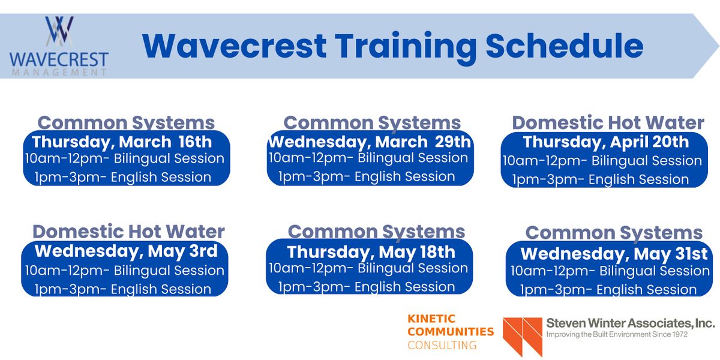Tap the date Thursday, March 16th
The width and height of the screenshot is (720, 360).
click(122, 142)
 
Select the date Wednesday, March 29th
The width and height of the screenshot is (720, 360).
click(370, 142)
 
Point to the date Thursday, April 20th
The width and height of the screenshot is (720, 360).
click(606, 142)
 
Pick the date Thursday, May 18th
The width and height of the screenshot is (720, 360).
click(371, 251)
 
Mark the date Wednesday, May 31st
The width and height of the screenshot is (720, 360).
click(614, 254)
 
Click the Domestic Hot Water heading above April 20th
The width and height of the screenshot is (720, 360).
click(608, 123)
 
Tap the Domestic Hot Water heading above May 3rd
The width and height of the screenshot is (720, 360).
click(128, 232)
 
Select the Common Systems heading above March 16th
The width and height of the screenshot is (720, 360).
click(126, 123)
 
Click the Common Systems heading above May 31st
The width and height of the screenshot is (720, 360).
click(614, 233)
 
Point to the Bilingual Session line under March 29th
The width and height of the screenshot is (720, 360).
click(368, 158)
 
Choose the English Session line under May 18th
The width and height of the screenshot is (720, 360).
click(366, 287)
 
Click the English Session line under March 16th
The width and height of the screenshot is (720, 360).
click(123, 177)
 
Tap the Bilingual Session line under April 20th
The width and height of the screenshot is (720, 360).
click(602, 161)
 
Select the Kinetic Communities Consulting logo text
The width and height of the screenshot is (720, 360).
click(450, 331)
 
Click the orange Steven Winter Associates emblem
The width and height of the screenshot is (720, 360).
click(523, 337)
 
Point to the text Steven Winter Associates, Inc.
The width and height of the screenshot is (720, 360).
click(630, 323)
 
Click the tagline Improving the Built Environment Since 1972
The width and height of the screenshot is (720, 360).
click(616, 334)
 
